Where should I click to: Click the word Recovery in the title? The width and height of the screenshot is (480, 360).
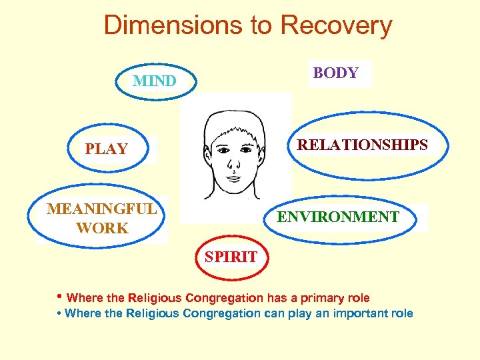[x=336, y=25]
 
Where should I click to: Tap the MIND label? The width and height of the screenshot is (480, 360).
[x=155, y=81]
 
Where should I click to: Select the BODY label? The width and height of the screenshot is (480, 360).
[x=335, y=73]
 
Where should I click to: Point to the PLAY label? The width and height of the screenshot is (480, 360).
[x=106, y=149]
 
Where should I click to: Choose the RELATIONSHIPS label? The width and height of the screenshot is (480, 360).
[x=362, y=145]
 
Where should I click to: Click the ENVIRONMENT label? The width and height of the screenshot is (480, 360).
[x=338, y=217]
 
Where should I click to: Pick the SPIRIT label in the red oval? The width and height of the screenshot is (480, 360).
[x=231, y=257]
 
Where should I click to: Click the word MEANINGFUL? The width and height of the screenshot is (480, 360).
[x=101, y=209]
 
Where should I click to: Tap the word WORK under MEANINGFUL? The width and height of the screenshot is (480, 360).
[x=102, y=228]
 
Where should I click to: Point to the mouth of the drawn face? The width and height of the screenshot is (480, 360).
[x=234, y=179]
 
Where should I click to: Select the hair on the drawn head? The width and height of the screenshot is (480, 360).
[x=233, y=123]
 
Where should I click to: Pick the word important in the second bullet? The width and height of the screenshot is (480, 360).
[x=355, y=313]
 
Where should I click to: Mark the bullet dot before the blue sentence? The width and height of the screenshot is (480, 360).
[x=59, y=313]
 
